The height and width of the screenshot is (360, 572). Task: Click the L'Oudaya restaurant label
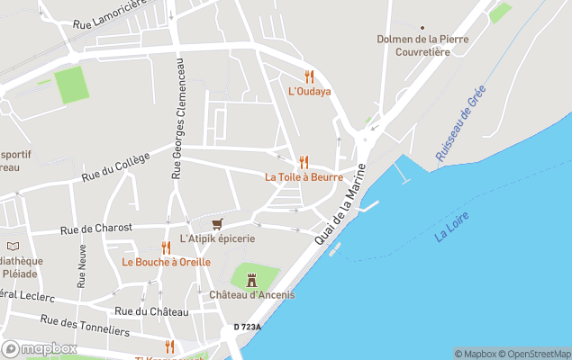309,92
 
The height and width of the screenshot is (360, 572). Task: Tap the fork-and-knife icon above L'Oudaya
309,76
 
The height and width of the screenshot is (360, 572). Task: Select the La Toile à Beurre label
304,177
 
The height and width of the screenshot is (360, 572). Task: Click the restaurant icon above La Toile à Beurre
304,162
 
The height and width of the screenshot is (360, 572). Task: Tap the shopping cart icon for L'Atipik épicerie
216,224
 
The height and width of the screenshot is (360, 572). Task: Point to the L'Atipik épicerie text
217,238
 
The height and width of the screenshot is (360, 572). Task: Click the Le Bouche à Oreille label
166,262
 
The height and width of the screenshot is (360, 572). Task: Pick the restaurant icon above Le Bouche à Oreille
166,247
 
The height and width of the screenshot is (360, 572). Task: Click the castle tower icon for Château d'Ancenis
251,280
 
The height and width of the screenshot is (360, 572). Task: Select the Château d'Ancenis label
251,295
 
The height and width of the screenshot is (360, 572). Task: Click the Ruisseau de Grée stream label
460,123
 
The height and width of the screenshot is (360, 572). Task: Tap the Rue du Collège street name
115,167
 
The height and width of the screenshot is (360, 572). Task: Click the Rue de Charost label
96,229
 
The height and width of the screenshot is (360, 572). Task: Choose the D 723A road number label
247,327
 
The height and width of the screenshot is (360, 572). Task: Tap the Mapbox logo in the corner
40,349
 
